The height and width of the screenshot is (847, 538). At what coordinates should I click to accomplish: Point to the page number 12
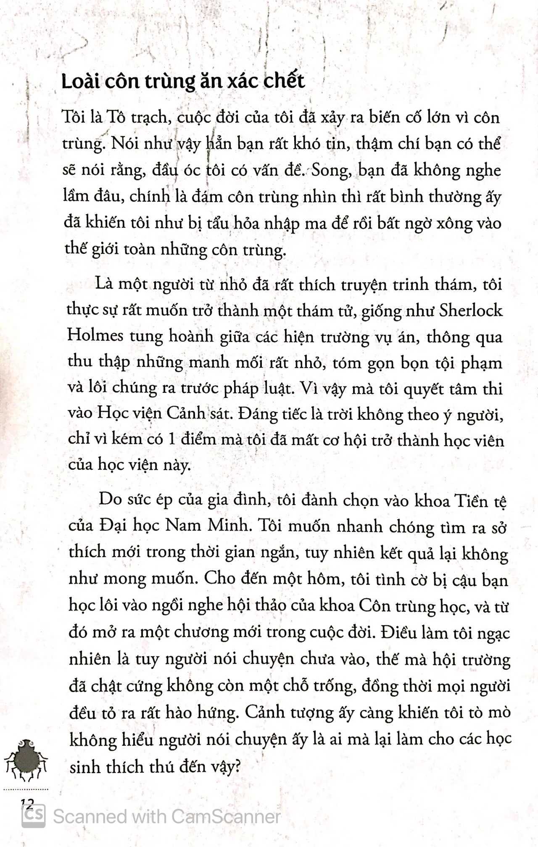point(26,803)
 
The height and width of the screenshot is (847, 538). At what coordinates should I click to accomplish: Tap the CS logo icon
point(34,816)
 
